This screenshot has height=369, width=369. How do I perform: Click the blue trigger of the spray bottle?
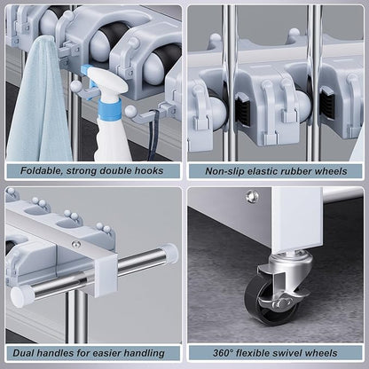tap(88, 76)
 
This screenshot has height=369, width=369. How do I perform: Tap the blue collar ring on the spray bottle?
tap(110, 109)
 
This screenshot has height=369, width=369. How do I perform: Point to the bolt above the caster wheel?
tap(252, 197)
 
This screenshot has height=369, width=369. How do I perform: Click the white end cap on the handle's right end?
tap(169, 253)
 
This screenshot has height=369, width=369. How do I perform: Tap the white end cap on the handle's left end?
tap(21, 295)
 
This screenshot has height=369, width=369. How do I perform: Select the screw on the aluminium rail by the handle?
tap(76, 245)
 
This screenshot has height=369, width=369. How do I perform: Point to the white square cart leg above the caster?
tap(296, 219)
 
